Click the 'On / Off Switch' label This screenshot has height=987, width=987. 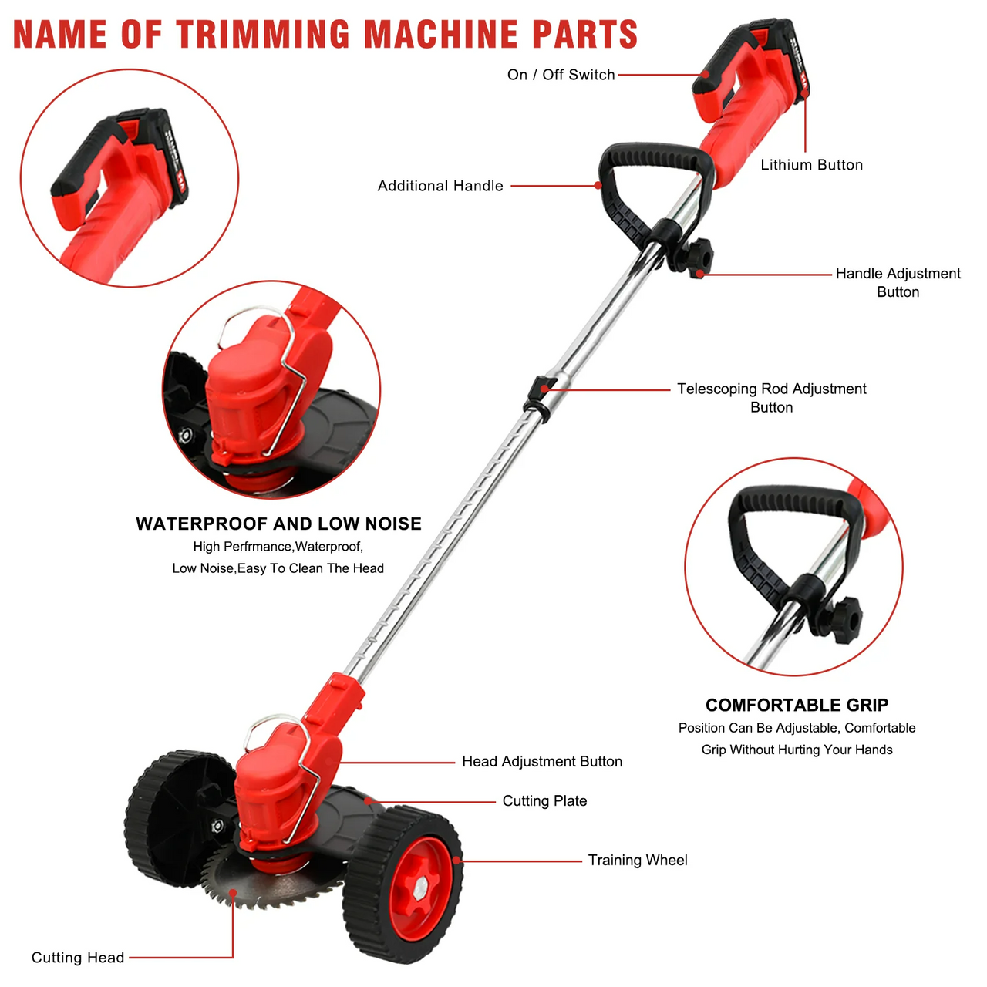561,75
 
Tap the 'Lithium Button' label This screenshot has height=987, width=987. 811,165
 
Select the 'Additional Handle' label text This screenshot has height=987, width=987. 440,186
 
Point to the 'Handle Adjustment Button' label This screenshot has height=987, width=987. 898,282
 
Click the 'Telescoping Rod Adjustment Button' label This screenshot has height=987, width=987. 771,398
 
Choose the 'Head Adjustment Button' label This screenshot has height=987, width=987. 541,762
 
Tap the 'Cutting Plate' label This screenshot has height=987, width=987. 544,801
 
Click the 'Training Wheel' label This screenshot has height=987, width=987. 637,861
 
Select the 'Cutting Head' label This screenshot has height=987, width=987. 77,958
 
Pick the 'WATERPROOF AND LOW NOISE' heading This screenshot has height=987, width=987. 278,524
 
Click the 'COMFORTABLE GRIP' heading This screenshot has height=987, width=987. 797,706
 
